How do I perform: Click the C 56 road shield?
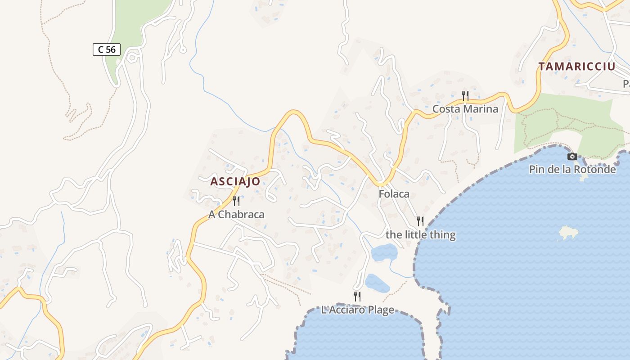107,49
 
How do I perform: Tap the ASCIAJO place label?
235,181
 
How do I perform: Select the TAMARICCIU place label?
577,67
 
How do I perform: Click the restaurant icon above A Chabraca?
236,201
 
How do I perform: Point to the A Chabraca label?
236,215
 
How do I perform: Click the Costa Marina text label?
465,109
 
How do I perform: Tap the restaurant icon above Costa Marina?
465,95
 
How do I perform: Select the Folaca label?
394,194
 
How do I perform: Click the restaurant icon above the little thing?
420,221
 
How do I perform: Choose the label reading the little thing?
420,234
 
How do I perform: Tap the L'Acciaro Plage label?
357,310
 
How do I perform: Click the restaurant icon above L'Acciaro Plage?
357,296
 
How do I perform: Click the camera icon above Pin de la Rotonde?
572,156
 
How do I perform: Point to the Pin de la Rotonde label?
572,170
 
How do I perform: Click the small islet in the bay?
568,233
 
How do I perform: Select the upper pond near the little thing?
384,252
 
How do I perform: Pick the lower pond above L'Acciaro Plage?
377,283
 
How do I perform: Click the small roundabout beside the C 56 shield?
132,58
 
